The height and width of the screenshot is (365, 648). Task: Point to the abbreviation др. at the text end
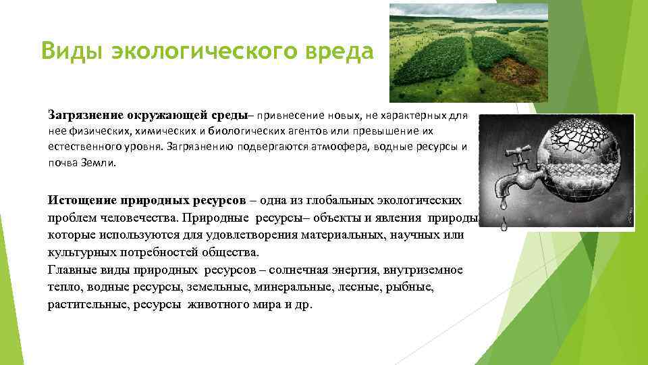tap(304, 305)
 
